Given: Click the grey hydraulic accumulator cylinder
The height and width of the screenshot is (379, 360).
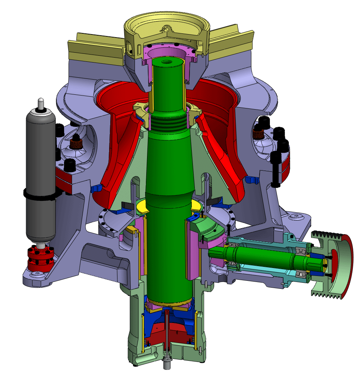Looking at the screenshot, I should point(40,159).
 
